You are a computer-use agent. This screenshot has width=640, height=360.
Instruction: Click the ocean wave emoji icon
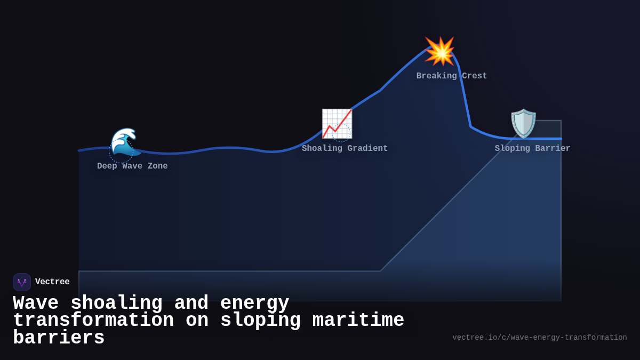coord(125,142)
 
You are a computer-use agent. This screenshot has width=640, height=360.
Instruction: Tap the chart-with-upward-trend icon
coord(337,124)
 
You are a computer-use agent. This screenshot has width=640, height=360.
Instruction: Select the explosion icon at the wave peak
coord(440,51)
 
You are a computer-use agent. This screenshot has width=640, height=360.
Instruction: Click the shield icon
coord(523,123)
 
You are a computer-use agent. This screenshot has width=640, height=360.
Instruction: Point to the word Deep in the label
coord(107,166)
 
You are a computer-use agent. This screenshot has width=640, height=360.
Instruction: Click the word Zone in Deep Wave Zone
coord(157,166)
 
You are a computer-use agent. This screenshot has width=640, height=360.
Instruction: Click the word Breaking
coord(437,76)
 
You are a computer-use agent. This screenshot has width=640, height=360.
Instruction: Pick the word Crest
coord(475,76)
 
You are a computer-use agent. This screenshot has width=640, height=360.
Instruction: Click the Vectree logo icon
coord(22,282)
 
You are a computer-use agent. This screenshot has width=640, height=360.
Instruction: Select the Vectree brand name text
coord(52,282)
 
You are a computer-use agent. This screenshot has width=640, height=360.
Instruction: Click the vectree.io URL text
coord(540,338)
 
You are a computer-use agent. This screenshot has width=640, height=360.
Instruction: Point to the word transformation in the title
coord(93,321)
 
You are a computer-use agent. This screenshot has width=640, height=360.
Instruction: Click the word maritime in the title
coord(358,321)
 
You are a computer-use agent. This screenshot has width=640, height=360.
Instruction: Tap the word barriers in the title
coord(59,338)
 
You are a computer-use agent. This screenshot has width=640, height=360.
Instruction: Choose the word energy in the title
coord(254,303)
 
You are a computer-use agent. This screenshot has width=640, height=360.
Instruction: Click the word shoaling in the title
coord(116,303)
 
